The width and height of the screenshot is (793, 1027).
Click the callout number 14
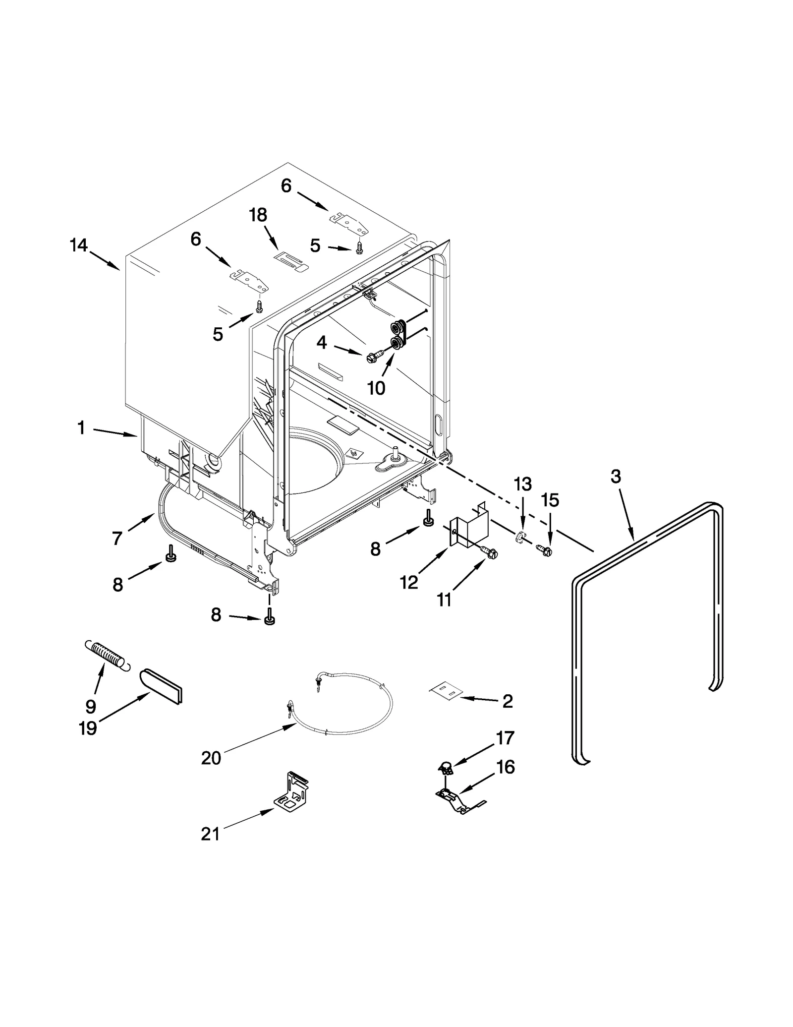pos(79,245)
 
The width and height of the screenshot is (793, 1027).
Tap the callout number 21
pos(210,834)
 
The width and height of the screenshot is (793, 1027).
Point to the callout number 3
pos(615,477)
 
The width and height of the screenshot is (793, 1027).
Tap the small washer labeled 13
pos(519,537)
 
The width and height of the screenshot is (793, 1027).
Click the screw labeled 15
pos(544,550)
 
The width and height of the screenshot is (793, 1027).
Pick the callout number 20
pos(211,758)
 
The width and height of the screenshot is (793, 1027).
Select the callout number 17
pos(505,738)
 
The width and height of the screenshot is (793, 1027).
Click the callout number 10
pos(376,388)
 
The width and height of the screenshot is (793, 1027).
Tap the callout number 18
pos(258,215)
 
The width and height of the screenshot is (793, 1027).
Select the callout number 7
pos(117,538)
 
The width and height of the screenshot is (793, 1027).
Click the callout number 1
pos(81,427)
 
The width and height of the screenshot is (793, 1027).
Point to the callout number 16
pos(506,767)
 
